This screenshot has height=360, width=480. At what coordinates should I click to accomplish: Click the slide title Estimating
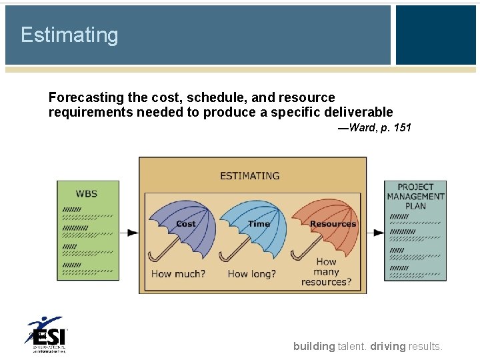[69, 35]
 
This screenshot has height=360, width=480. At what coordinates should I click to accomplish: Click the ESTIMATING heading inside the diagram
[250, 176]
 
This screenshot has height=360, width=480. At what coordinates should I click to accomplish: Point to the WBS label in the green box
[87, 193]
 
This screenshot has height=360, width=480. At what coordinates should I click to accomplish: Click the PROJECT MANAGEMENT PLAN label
[415, 197]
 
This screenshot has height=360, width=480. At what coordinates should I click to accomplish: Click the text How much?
[178, 273]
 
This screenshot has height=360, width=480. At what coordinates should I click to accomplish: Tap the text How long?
[251, 273]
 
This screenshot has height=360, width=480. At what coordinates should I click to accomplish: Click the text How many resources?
[326, 272]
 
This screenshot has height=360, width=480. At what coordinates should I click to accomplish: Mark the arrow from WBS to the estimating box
[133, 233]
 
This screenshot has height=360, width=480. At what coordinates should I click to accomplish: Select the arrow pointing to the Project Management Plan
[377, 233]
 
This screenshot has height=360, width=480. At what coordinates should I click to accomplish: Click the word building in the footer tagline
[314, 346]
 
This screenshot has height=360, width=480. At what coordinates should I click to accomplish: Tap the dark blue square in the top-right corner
[436, 35]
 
